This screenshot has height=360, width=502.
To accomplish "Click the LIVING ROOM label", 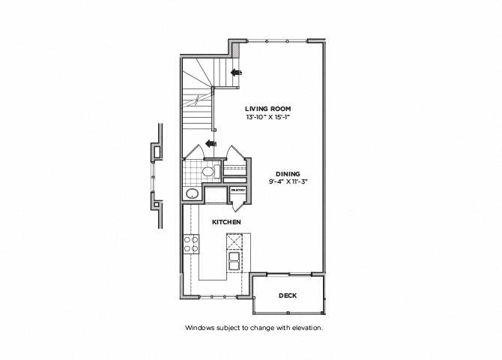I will coord(267,108).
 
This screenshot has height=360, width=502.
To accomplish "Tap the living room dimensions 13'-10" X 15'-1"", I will coord(267,117).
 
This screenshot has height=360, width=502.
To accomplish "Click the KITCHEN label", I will coord(225,223).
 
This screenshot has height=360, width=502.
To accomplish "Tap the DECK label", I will coord(288,295).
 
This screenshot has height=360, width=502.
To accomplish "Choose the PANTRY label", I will coord(238,190).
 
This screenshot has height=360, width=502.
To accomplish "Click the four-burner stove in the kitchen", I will coord(191,244).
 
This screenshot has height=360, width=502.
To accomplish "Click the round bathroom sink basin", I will coord(192,193).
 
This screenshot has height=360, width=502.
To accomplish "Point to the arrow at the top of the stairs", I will coord(237,73).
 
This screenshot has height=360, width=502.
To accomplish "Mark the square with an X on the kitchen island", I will coord(235,241).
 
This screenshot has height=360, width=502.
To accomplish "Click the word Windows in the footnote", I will coord(199,328).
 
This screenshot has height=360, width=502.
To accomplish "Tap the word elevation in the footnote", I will coord(306,328).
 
